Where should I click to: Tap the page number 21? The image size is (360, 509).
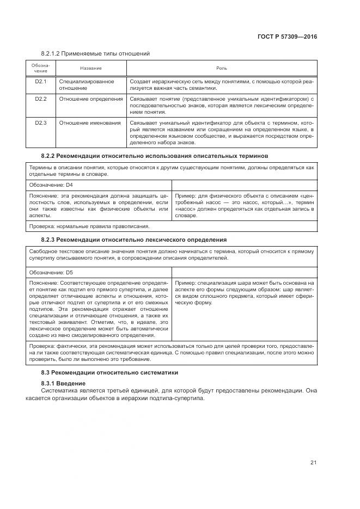click(313, 462)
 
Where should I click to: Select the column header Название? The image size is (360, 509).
click(91, 68)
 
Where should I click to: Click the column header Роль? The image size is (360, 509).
click(222, 68)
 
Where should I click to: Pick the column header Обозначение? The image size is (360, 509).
click(41, 68)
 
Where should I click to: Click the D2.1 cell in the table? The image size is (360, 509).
click(41, 82)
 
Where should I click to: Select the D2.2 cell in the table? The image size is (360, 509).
click(41, 99)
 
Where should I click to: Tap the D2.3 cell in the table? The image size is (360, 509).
click(41, 123)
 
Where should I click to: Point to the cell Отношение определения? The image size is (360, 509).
click(91, 99)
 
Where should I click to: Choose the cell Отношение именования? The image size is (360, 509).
click(90, 123)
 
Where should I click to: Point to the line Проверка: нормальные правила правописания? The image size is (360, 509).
click(89, 226)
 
